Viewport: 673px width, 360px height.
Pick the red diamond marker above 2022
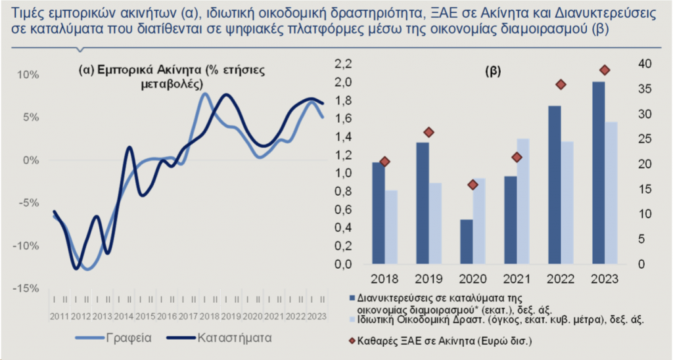[x=561, y=84]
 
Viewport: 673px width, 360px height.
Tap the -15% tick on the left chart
[x=26, y=288]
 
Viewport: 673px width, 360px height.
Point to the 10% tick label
[x=28, y=74]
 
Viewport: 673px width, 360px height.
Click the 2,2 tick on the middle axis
[x=344, y=64]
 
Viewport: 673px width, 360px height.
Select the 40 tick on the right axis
[x=645, y=64]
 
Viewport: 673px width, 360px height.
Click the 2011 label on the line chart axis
[x=58, y=318]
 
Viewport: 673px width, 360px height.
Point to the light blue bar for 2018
[x=391, y=227]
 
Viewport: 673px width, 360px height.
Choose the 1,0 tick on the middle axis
[x=344, y=173]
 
